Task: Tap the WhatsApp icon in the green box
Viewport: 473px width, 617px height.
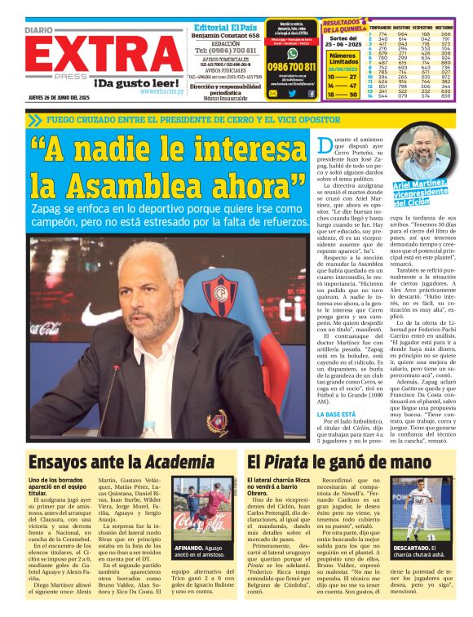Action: point(292,53)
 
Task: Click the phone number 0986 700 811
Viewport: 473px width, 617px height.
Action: point(291,66)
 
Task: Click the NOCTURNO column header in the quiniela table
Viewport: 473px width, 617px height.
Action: point(445,27)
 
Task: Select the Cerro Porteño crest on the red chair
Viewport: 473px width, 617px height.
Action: point(225,291)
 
